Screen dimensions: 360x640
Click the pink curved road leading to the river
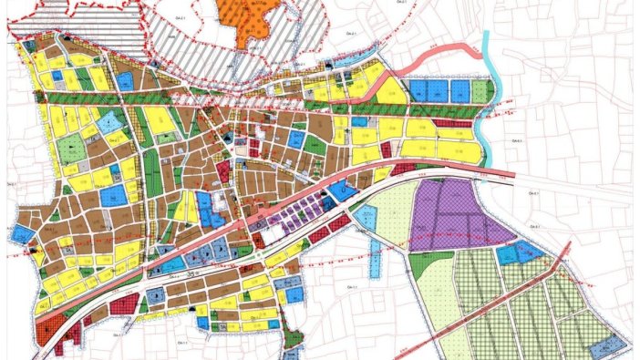tap(438, 61)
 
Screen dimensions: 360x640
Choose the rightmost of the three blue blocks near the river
tap(459, 90)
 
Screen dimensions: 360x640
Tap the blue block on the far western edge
tap(22, 234)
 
